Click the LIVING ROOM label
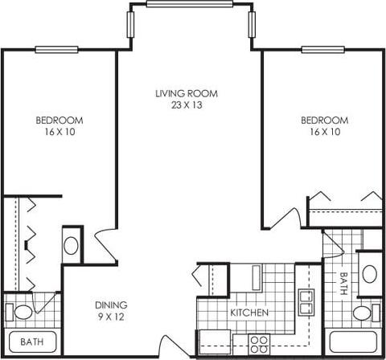(187, 94)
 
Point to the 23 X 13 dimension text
(187, 105)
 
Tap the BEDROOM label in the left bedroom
(60, 121)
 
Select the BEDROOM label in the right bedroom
(324, 121)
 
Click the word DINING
(111, 305)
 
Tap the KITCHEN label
(249, 312)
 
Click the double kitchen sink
(305, 302)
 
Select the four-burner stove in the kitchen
(259, 345)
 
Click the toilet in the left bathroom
(22, 312)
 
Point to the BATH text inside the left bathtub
(31, 342)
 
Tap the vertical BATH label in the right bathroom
(343, 283)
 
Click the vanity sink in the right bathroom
(370, 273)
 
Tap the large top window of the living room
(190, 4)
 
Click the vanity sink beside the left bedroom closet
(72, 244)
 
